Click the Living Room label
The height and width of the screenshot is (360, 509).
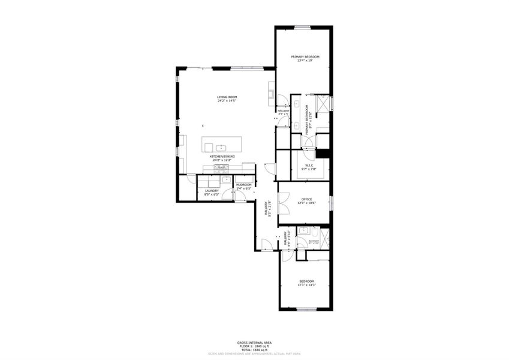coord(227,98)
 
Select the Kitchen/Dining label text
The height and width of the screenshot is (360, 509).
coord(222,158)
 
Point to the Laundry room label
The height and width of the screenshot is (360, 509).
coord(211,192)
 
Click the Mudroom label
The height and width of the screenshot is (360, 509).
coord(243,186)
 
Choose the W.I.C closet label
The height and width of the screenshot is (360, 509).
coord(309,167)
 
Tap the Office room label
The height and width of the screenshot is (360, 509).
coord(306,201)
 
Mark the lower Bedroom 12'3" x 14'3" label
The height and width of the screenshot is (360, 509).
coord(306,283)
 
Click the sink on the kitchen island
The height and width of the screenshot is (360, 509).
coord(221,146)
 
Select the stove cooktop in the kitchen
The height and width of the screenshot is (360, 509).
coord(219,169)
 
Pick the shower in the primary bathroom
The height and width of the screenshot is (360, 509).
coord(324,103)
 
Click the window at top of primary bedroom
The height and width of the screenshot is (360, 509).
coord(302,27)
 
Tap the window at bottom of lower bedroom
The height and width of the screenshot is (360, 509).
coord(306,310)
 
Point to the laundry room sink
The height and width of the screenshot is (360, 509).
coord(226,179)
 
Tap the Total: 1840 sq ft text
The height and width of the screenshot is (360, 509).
coord(254,349)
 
